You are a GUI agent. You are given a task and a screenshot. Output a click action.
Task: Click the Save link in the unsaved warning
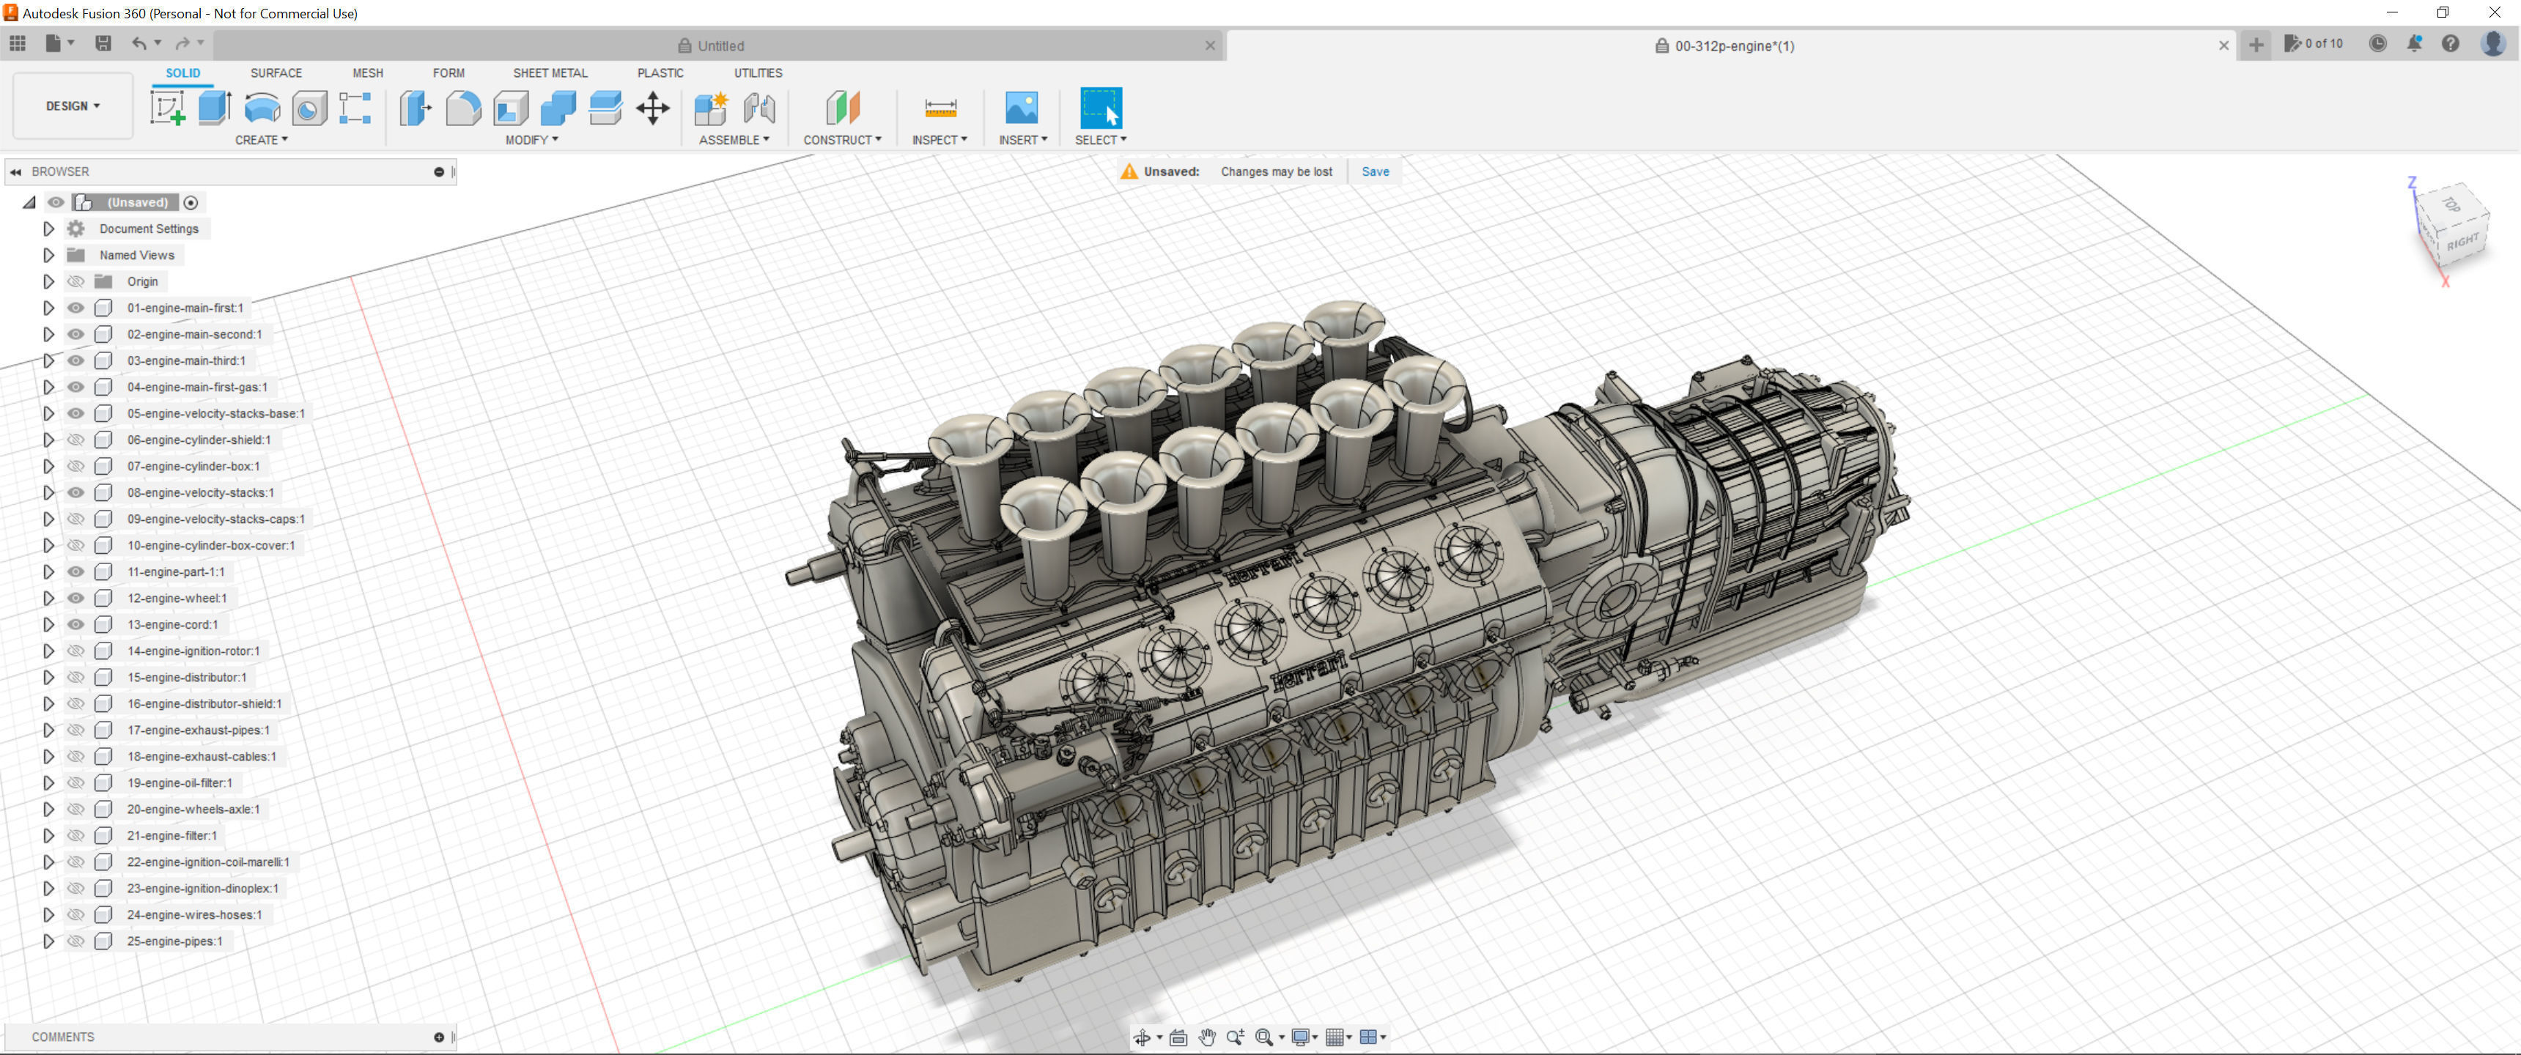tap(1374, 171)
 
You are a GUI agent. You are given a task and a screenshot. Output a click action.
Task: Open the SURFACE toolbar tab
tap(276, 73)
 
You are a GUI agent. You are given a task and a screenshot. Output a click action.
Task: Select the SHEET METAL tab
tap(550, 73)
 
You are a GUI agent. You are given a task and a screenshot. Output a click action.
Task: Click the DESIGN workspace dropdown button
tap(73, 105)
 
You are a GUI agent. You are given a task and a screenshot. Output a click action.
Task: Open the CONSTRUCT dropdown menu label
tap(841, 140)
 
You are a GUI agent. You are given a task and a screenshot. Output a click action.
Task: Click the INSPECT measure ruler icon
tap(940, 108)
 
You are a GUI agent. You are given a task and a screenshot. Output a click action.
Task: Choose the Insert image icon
tap(1021, 108)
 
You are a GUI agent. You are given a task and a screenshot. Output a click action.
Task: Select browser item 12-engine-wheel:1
tap(176, 598)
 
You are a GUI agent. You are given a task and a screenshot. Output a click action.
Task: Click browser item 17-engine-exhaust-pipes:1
tap(198, 730)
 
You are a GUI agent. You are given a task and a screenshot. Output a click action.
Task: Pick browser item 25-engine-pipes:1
tap(174, 941)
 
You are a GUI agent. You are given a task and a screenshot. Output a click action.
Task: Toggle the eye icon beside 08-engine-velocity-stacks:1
tap(75, 492)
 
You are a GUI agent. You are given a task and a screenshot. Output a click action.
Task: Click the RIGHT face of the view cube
tap(2462, 242)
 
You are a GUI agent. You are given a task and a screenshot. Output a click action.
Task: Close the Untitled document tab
tap(1210, 45)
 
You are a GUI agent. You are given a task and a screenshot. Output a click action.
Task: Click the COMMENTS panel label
tap(62, 1037)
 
